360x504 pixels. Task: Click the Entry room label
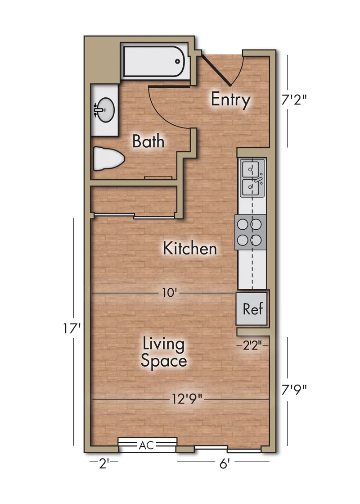click(230, 100)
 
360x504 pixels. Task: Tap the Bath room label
click(148, 141)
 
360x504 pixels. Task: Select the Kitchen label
click(190, 249)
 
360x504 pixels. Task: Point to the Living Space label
click(164, 352)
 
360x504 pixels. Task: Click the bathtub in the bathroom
click(154, 62)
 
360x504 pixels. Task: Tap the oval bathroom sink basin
click(105, 110)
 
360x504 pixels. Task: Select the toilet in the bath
click(108, 159)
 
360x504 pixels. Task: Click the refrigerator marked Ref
click(252, 309)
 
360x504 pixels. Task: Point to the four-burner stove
click(250, 232)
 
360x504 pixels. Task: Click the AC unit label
click(146, 445)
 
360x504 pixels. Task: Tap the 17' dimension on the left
click(71, 329)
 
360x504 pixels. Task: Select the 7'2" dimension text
click(294, 100)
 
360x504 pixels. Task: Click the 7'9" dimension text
click(294, 390)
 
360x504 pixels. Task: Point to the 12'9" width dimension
click(187, 399)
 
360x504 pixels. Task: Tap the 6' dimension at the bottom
click(224, 464)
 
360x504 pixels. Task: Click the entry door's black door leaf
click(216, 70)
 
